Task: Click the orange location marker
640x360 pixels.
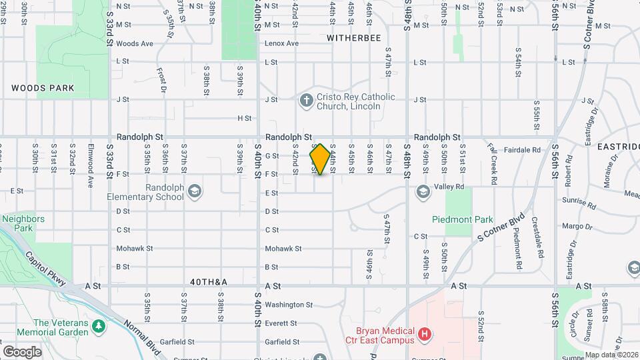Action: pos(320,159)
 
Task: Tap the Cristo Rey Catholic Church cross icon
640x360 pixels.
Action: pos(306,101)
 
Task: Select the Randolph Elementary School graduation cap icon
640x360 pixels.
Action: pos(193,191)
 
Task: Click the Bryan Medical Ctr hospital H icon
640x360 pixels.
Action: pos(424,333)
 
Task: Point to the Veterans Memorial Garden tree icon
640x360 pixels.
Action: pos(99,327)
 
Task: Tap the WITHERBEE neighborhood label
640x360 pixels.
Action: pos(354,38)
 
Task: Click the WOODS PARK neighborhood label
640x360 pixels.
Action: pos(43,88)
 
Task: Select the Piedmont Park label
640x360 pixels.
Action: pos(462,219)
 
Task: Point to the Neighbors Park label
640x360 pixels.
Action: pos(23,223)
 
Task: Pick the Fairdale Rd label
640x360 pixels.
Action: pos(522,151)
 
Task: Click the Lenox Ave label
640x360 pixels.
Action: pos(281,43)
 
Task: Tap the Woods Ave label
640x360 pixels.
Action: pos(135,43)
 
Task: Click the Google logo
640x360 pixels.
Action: pos(22,351)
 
